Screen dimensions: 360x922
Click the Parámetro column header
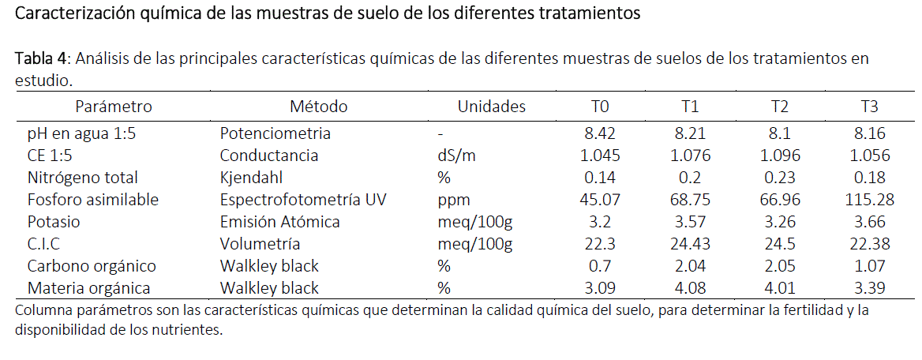click(114, 107)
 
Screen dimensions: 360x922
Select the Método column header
click(318, 107)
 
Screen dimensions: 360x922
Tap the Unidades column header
click(491, 107)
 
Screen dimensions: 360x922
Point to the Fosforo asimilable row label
click(93, 200)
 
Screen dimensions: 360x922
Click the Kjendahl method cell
click(250, 178)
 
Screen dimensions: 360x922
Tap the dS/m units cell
click(457, 156)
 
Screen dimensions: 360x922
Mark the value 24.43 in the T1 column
click(691, 244)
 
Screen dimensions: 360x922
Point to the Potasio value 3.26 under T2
click(780, 222)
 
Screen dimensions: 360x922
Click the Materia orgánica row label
click(88, 288)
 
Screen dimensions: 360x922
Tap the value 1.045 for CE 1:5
click(601, 156)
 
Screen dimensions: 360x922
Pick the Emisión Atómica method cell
click(279, 222)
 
